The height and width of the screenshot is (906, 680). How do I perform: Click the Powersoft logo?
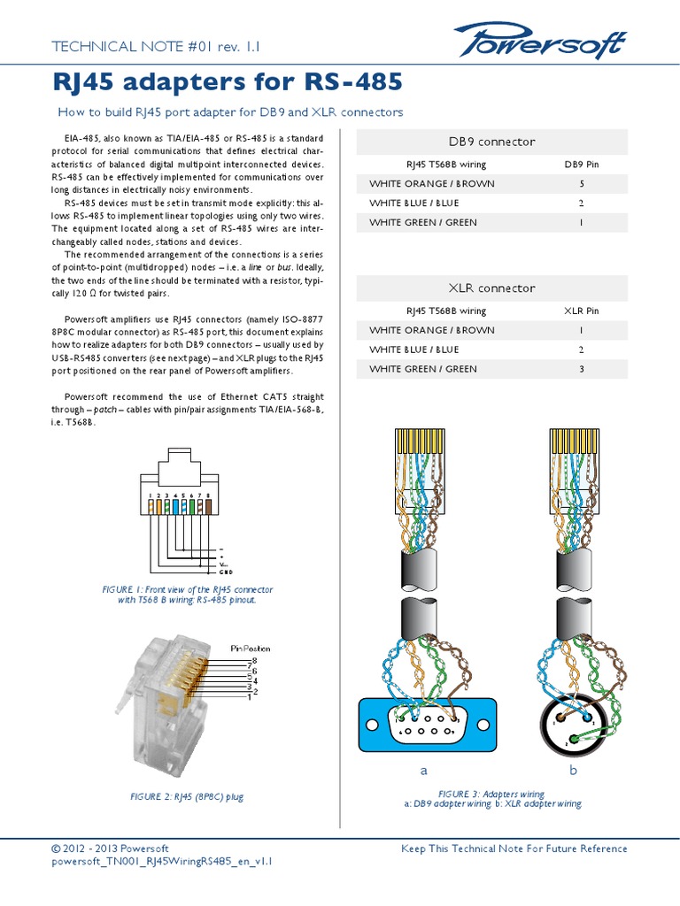[539, 42]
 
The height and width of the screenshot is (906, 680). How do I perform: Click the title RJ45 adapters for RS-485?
[229, 83]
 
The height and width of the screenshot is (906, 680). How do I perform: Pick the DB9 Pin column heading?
[581, 165]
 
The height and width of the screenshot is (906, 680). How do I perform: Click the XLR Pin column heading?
[581, 311]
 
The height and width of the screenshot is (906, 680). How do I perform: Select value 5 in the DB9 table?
[581, 184]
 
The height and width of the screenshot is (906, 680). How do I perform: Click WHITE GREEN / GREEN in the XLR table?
[422, 369]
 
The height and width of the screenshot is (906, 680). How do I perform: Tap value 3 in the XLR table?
[581, 369]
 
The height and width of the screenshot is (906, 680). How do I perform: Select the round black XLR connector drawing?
[572, 726]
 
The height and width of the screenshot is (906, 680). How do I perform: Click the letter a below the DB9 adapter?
[423, 771]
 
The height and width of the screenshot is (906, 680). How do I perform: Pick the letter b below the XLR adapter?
[573, 771]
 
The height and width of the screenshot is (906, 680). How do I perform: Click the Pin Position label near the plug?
[251, 649]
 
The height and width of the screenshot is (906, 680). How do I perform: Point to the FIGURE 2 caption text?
[186, 797]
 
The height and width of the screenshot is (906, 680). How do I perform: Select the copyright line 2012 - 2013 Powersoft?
[111, 848]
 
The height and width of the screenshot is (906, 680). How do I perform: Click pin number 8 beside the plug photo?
[255, 660]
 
